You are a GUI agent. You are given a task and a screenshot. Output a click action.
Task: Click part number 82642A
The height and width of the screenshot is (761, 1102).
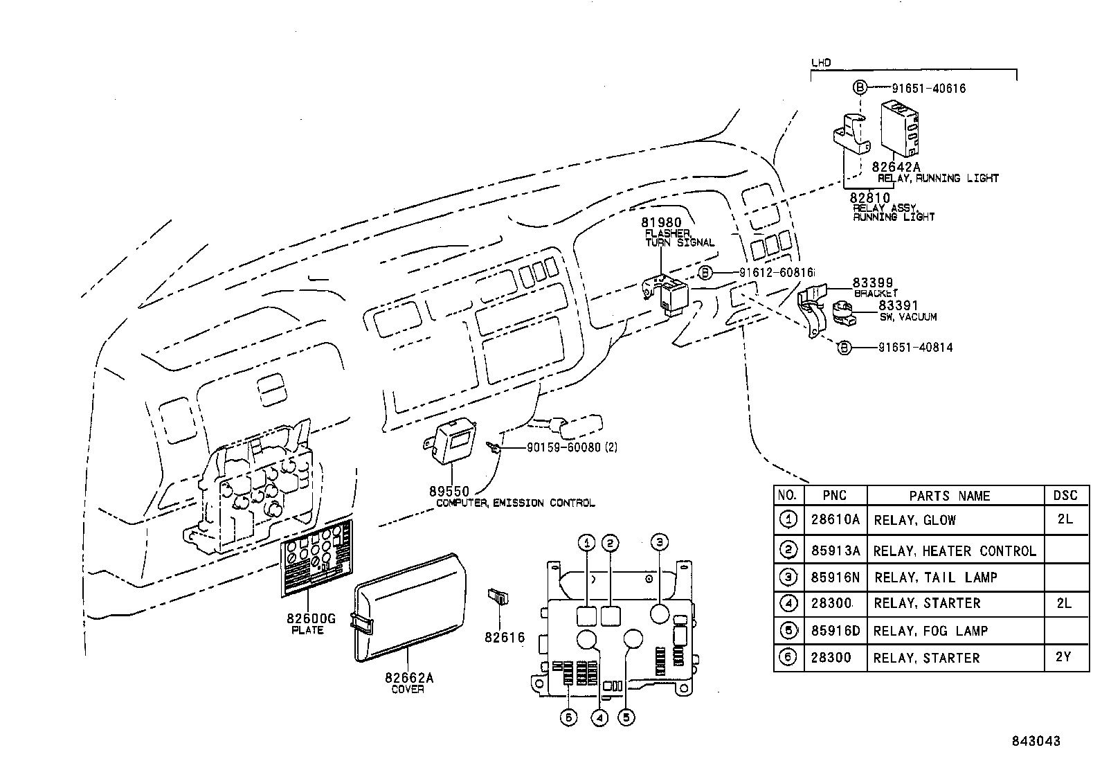896,167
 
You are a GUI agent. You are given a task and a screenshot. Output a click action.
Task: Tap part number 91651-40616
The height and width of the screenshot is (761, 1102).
919,89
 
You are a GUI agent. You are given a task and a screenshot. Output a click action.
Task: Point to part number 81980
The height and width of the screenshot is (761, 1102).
661,222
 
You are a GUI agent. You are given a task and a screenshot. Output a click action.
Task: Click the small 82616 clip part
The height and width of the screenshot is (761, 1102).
497,596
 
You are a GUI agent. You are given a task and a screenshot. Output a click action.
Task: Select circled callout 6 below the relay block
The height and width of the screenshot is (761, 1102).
568,718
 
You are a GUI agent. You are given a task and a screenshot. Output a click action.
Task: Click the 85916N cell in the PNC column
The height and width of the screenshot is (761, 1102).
835,577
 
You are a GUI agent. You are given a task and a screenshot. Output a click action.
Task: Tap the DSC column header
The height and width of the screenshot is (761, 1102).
1065,495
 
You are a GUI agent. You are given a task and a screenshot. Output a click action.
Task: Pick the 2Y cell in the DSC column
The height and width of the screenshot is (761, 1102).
1065,656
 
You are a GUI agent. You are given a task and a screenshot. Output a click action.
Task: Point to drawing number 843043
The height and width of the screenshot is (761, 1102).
1034,741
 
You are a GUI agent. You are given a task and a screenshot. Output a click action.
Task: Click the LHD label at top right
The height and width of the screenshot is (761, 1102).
820,63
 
